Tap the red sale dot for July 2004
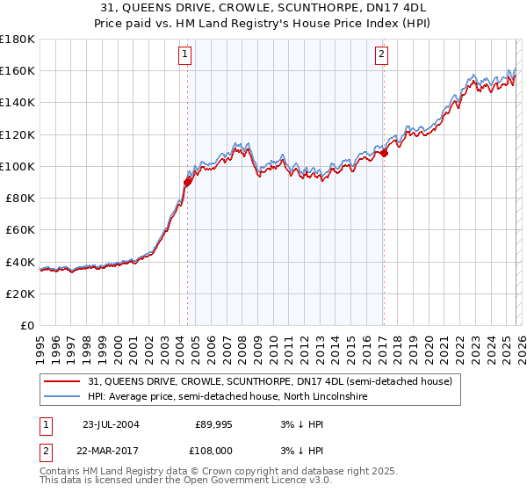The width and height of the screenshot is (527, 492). (x=187, y=183)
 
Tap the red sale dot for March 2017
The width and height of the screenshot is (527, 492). (x=384, y=154)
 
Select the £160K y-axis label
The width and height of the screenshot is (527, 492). (x=18, y=70)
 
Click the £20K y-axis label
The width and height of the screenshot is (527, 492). (x=20, y=294)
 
